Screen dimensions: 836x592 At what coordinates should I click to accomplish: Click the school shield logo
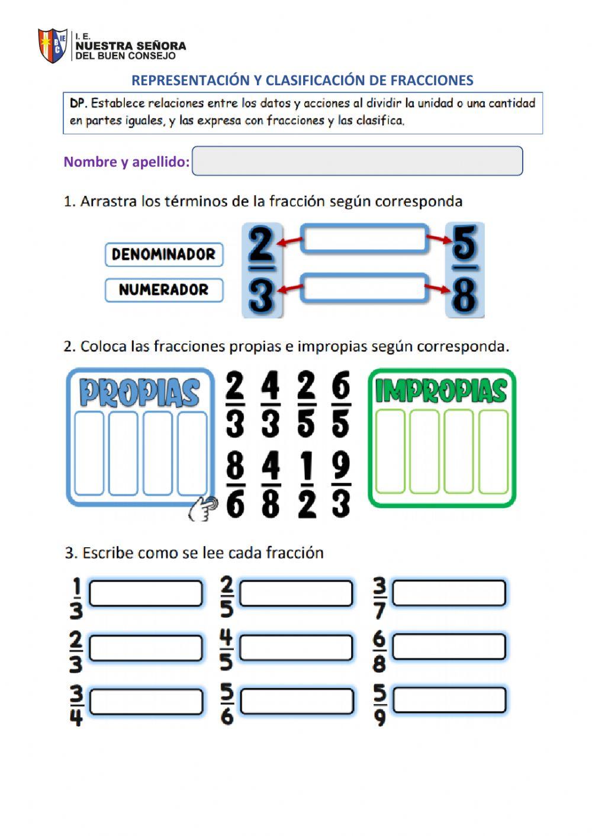click(52, 46)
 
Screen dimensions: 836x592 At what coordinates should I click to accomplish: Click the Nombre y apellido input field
click(357, 161)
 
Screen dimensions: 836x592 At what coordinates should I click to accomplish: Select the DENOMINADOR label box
click(164, 254)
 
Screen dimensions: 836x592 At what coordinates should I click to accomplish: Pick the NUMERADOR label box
click(164, 290)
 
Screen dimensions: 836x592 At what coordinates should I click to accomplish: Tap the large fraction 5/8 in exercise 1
click(465, 270)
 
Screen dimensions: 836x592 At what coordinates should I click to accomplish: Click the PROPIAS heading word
click(140, 392)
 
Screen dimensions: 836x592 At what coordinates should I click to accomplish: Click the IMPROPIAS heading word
click(442, 390)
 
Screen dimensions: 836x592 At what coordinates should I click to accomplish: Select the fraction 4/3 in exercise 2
click(271, 405)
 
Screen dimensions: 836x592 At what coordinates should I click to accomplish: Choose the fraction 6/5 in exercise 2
click(341, 405)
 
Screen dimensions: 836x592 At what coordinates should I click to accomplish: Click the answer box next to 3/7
click(449, 593)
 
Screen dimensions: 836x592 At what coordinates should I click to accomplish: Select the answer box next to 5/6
click(297, 702)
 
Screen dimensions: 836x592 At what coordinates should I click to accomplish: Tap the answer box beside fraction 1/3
click(146, 593)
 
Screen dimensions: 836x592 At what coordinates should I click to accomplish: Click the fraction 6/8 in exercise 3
click(379, 651)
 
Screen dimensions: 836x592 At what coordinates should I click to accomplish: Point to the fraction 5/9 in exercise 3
click(379, 705)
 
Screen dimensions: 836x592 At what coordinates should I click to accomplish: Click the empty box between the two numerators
click(364, 239)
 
